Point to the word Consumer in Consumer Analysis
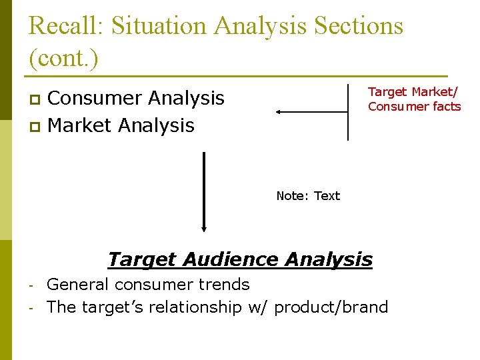94,98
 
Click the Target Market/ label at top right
413,92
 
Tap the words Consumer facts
414,107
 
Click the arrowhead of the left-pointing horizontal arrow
280,112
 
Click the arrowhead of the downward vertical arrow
204,225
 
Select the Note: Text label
308,196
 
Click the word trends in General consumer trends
224,285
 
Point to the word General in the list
78,285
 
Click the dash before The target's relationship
32,307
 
